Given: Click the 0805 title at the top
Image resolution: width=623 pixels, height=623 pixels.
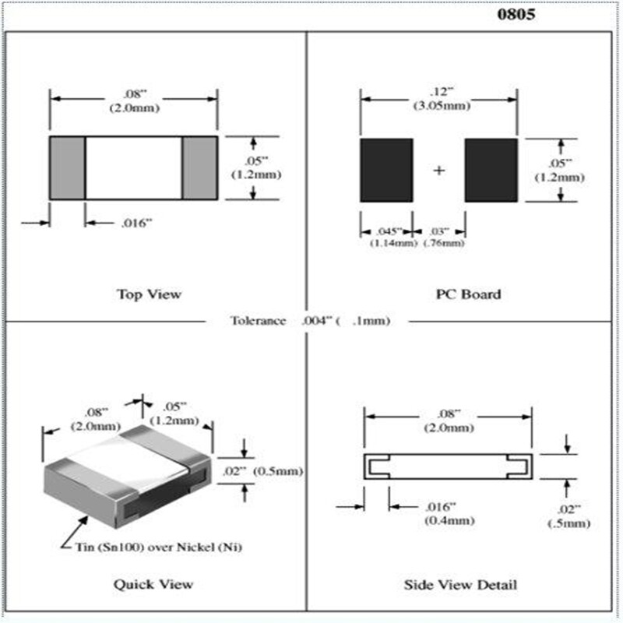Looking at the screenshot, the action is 516,15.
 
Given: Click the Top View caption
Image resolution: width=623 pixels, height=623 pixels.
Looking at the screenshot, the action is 149,294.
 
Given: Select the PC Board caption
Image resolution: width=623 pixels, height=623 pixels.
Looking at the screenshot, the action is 468,294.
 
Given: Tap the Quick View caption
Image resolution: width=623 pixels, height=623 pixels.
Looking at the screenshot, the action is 153,583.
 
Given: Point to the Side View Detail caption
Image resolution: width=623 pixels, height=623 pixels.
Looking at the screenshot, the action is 461,584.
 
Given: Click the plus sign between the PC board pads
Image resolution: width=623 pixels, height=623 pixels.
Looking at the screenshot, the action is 439,170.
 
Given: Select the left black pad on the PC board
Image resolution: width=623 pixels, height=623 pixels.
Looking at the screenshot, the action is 386,170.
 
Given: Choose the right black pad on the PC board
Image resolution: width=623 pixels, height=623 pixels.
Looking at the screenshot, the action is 491,170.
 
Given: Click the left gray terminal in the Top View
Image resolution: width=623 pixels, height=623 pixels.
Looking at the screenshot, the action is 68,167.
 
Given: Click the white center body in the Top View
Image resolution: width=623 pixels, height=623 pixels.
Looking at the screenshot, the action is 134,167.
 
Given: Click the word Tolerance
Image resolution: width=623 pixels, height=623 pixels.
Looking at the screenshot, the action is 258,321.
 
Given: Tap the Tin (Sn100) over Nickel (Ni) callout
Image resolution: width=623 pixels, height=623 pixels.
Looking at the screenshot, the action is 152,547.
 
